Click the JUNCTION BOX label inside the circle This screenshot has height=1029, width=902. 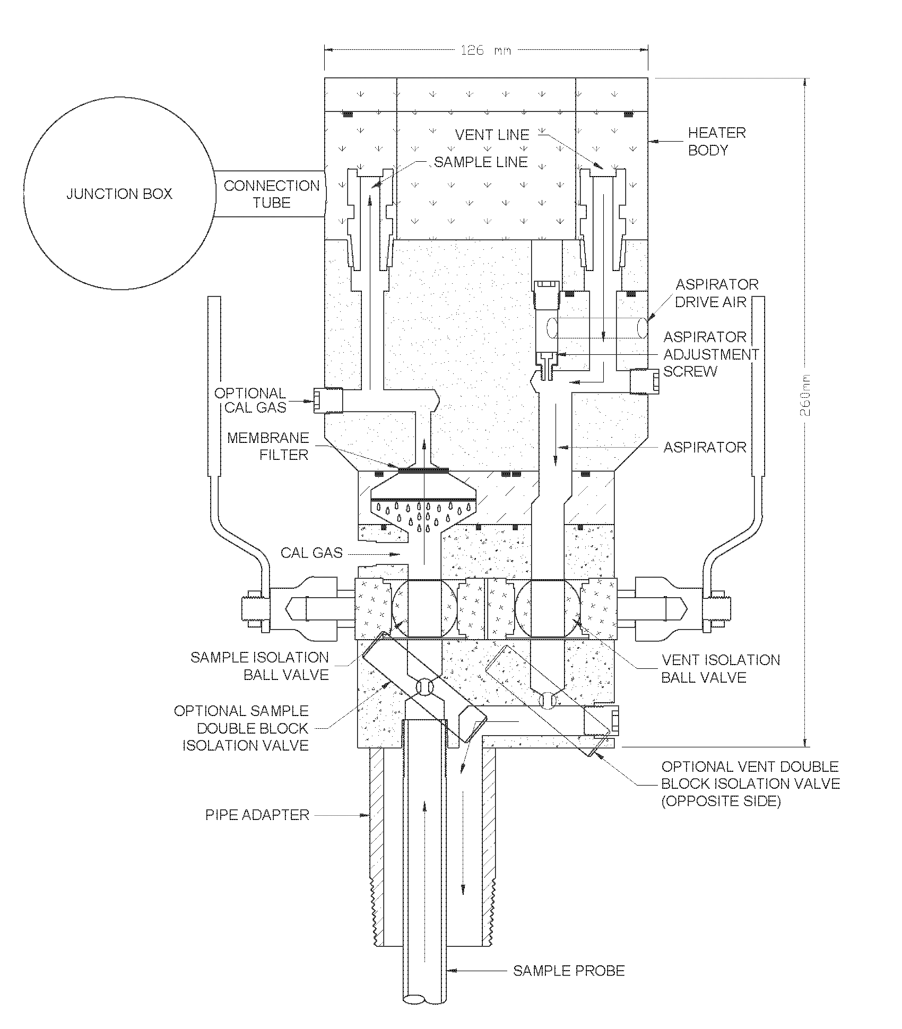point(119,194)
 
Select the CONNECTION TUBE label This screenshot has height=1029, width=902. point(272,194)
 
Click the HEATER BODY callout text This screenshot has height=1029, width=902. point(716,141)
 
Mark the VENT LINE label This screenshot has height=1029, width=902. point(492,135)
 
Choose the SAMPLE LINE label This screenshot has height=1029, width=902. point(481,162)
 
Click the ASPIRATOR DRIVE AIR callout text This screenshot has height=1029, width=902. point(716,293)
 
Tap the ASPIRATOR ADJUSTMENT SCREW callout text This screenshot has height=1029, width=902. point(710,354)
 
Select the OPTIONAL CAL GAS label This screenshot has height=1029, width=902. point(250,400)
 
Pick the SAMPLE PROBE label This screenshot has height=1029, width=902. point(568,971)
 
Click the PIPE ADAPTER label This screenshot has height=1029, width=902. point(257,815)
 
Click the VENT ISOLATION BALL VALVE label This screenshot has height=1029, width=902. point(721,668)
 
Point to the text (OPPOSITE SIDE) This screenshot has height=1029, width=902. point(721,801)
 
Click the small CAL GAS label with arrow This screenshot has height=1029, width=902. point(312,553)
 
